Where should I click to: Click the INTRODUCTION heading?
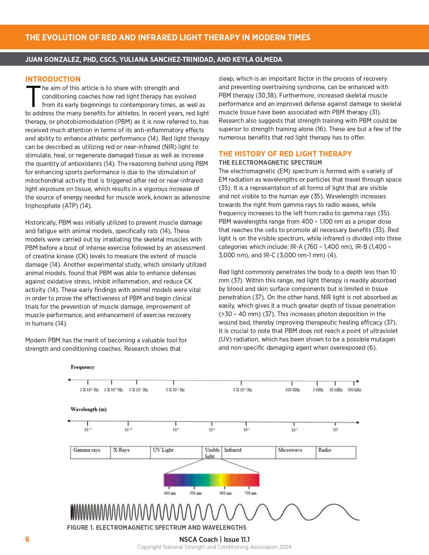point(53,79)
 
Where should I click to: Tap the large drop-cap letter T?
point(33,96)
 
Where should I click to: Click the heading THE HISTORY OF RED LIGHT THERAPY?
point(285,154)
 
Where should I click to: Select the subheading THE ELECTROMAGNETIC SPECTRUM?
point(270,162)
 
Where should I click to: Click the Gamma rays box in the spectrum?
point(90,452)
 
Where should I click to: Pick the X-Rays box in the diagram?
point(130,452)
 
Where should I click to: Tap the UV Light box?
point(176,452)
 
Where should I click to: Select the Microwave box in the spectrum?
point(295,452)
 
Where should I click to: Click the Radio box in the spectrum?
point(335,452)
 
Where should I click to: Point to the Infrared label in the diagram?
point(233,450)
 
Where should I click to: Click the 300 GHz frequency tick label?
point(292,390)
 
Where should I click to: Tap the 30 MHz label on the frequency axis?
point(336,390)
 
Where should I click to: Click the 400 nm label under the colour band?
point(170,493)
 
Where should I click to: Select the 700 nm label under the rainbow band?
point(250,493)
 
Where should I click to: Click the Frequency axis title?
point(82,367)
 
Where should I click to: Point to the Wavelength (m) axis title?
point(88,409)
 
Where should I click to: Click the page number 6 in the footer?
point(28,539)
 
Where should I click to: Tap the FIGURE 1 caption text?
point(156,527)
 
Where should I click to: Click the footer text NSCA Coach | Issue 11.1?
point(214,540)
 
